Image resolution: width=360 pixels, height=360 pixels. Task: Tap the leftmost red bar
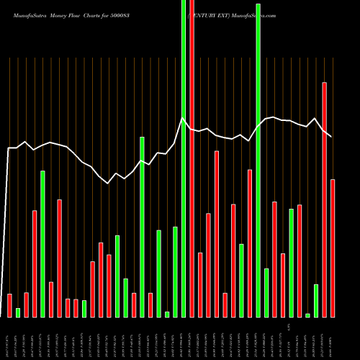[x=9, y=305]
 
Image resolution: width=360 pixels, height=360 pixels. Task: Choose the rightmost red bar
[x=333, y=248]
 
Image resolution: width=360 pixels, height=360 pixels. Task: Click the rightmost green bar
[x=316, y=300]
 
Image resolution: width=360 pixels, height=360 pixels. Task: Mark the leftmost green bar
[x=18, y=312]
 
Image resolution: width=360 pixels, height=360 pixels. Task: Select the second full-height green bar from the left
[x=258, y=158]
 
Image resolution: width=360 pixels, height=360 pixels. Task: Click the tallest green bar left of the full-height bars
[x=142, y=227]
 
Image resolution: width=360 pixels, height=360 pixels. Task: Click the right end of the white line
[x=331, y=136]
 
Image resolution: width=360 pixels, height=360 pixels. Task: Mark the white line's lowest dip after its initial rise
[x=108, y=184]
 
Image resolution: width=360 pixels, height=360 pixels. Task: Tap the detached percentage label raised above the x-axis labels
[x=287, y=326]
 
